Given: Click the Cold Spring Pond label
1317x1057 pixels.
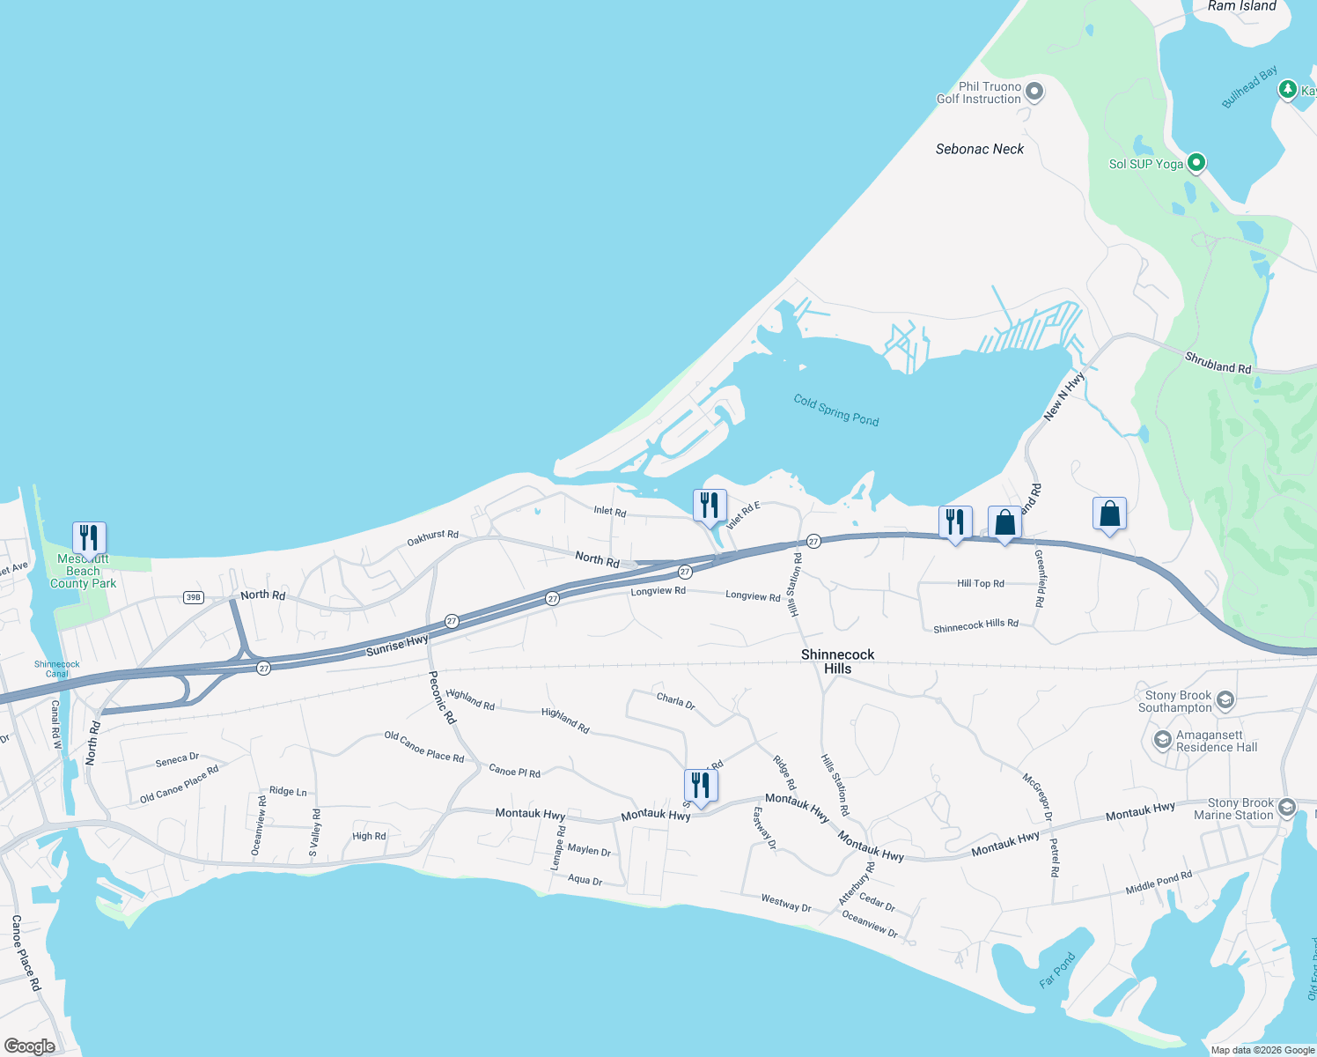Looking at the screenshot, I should coord(835,410).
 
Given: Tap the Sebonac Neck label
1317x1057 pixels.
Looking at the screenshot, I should coord(979,150).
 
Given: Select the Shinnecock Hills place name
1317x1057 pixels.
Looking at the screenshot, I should coord(837,662).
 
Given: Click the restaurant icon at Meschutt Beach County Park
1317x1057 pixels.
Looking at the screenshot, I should coord(89,536).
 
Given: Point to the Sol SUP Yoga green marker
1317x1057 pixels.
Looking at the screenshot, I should coord(1196,163).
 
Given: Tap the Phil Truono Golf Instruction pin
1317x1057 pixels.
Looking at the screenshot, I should coord(1034,92).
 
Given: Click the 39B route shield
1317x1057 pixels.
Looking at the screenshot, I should coord(193,597).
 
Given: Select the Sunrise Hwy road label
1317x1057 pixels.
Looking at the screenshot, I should coord(397,645).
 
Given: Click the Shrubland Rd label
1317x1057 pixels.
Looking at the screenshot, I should coord(1218,363).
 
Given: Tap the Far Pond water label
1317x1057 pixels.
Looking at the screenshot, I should coord(1057,970).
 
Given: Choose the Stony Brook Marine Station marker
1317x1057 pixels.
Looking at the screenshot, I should coord(1286,808).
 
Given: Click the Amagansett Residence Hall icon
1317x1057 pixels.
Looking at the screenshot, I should coord(1162,740).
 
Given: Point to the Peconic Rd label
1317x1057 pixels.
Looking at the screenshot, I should coord(443,698).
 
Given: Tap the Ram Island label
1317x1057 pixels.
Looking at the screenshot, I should coord(1241,6).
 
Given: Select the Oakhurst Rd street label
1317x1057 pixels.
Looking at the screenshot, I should coord(432,537).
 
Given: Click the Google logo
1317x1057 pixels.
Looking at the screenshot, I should coord(30,1046).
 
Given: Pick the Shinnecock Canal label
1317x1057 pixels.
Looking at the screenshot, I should coord(57,669).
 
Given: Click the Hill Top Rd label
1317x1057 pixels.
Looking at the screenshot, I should coord(980,583).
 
